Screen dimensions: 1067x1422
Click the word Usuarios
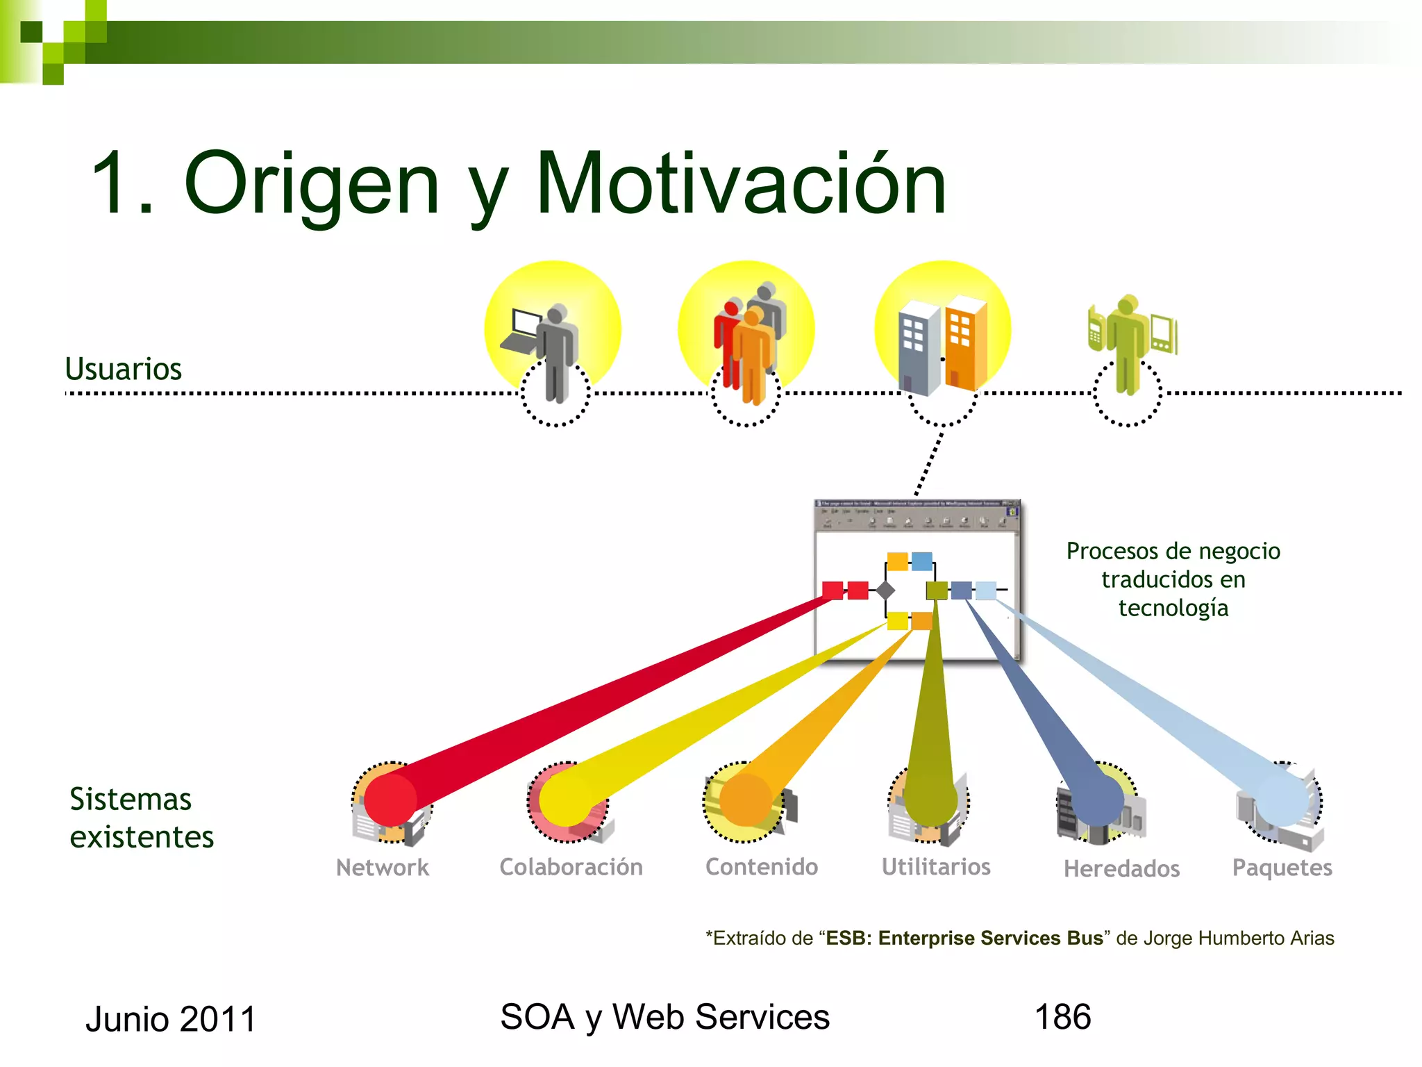coord(123,369)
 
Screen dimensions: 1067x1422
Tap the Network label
coord(383,868)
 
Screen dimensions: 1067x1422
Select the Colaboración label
coord(571,867)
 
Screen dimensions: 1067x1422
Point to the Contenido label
coord(762,867)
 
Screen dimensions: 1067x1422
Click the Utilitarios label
coord(936,867)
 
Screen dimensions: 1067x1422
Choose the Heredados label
coord(1121,868)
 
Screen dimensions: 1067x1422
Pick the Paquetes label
coord(1282,868)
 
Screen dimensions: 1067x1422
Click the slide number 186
coord(1062,1017)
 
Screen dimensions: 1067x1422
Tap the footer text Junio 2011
coord(171,1019)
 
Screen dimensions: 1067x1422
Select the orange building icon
coord(966,342)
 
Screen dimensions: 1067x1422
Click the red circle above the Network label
coord(390,800)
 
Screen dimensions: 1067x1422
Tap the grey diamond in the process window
coord(885,590)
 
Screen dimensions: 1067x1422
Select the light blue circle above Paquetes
coord(1282,801)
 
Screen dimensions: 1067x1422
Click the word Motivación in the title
coord(741,184)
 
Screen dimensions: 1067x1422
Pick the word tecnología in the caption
coord(1173,608)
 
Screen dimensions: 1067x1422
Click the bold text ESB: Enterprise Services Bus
coord(964,938)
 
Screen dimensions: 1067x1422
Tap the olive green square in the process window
coord(937,590)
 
